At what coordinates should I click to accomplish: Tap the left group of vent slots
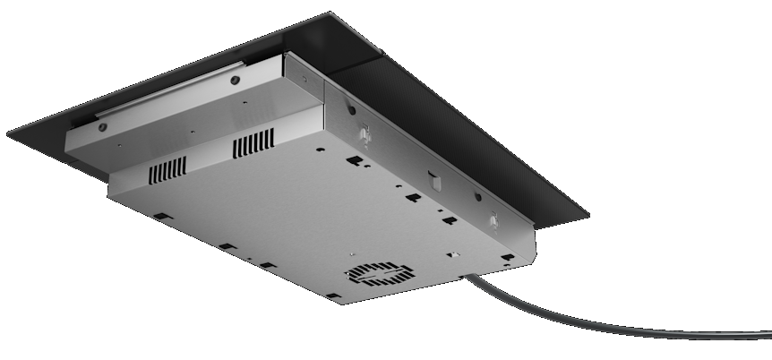(167, 167)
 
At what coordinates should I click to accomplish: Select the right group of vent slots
(254, 143)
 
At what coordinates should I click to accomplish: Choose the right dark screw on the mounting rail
(235, 80)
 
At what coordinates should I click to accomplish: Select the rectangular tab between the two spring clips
(435, 182)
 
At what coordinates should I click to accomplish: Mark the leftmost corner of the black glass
(8, 135)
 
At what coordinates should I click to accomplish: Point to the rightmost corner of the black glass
(588, 215)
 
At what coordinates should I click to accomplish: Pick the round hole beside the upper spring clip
(351, 111)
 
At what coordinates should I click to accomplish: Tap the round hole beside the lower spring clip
(477, 197)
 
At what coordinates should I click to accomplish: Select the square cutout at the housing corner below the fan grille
(332, 296)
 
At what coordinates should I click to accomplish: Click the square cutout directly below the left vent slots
(160, 217)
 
